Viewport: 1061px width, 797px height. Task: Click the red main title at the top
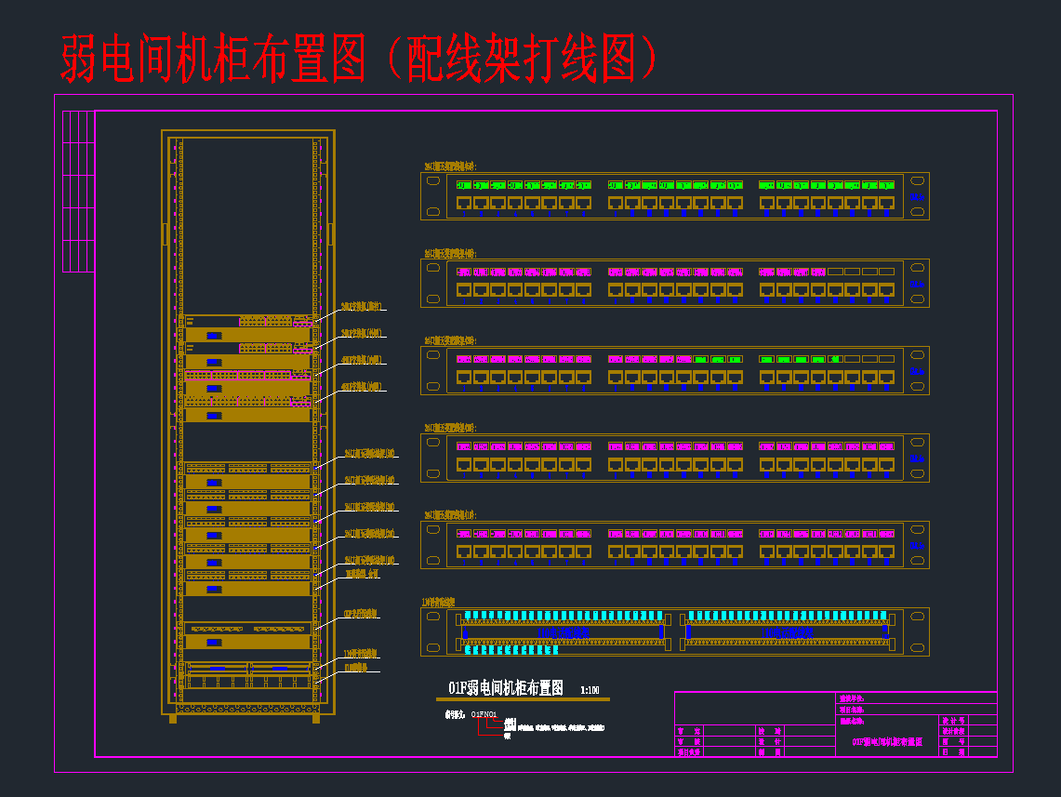[359, 60]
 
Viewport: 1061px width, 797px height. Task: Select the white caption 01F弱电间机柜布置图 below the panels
[506, 688]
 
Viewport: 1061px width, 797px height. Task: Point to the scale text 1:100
[590, 690]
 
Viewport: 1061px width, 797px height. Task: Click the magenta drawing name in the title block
[887, 741]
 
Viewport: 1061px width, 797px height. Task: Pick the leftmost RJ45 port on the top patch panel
[463, 202]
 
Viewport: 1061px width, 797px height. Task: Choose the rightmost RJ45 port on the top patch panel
[886, 202]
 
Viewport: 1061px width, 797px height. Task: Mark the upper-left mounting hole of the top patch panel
[433, 181]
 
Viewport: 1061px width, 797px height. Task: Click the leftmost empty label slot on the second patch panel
[835, 272]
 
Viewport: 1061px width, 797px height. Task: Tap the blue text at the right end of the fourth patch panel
[918, 458]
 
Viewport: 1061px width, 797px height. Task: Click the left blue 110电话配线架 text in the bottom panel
[564, 632]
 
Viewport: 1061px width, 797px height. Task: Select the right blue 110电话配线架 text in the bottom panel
[787, 632]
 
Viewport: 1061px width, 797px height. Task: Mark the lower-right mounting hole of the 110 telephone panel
[917, 648]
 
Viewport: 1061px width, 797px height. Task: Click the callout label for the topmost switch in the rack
[364, 306]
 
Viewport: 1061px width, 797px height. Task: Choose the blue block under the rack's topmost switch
[214, 335]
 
